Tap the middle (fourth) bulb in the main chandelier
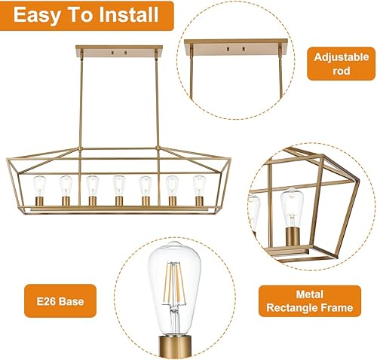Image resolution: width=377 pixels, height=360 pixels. [118, 184]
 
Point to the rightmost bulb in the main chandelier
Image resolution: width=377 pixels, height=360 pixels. [199, 184]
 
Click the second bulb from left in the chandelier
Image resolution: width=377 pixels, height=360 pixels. [66, 184]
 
